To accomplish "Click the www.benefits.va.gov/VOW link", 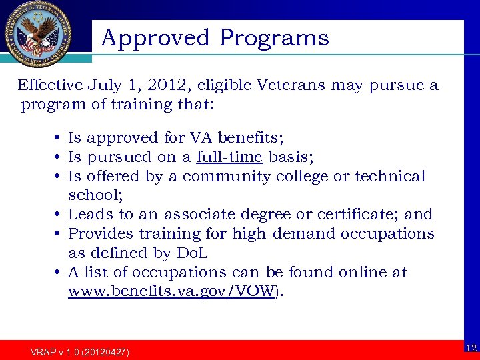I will [171, 292].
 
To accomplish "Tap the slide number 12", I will [471, 348].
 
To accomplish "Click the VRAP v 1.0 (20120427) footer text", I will [80, 351].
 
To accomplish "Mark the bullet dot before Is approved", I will [59, 139].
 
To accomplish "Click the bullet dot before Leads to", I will [59, 215].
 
